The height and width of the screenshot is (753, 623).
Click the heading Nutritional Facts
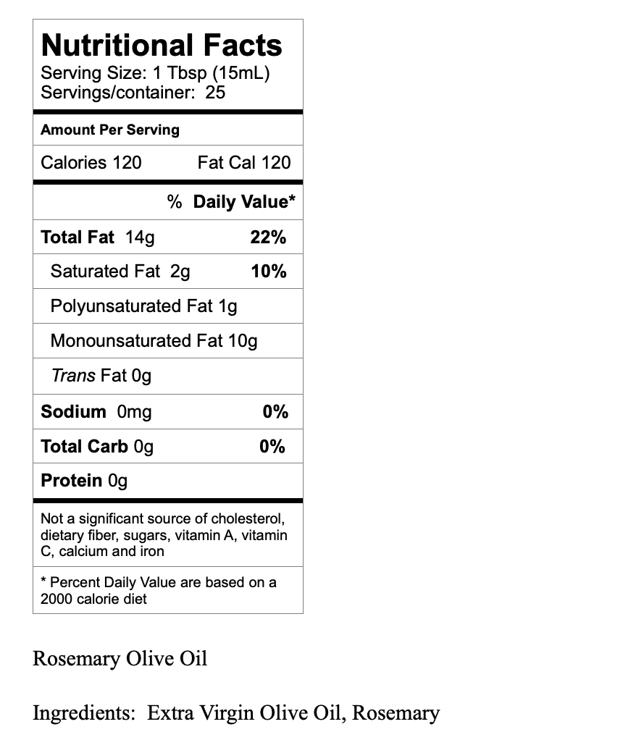(x=162, y=45)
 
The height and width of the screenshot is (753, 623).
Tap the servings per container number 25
(x=215, y=93)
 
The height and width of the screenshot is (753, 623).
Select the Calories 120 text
(x=91, y=162)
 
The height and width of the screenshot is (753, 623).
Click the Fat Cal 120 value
(x=243, y=162)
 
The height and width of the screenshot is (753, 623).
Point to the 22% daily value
(x=268, y=237)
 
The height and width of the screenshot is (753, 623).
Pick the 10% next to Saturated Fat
(x=268, y=272)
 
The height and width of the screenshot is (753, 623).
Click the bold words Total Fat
(x=78, y=237)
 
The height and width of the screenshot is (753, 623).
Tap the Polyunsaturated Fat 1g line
(x=143, y=306)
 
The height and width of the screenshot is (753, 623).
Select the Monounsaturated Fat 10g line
(x=154, y=340)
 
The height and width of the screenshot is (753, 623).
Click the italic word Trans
(x=73, y=376)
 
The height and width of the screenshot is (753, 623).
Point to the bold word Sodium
(x=73, y=412)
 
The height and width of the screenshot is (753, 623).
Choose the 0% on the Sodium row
(x=275, y=412)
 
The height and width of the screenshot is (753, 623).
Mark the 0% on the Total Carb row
(x=272, y=447)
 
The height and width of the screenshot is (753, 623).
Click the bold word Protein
(x=72, y=481)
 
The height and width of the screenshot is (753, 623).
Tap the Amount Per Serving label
(x=110, y=130)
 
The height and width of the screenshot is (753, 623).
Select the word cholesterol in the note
(x=248, y=518)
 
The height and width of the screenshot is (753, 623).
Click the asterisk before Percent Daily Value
(x=43, y=581)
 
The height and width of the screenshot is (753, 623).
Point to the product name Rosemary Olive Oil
(x=120, y=659)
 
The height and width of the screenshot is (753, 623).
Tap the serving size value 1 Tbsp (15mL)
(x=212, y=73)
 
